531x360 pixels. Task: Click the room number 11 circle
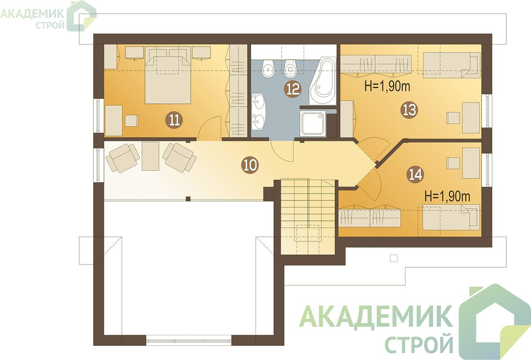174,120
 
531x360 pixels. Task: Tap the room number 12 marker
293,89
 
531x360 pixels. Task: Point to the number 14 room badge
415,175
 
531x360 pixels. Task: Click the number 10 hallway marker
250,165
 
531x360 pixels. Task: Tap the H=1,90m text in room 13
387,87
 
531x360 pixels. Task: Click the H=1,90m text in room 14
447,197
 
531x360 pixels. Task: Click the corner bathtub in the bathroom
322,81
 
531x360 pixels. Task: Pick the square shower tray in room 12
313,124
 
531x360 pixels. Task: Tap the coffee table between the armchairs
150,156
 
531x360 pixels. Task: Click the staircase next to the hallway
308,217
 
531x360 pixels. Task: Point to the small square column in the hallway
188,199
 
